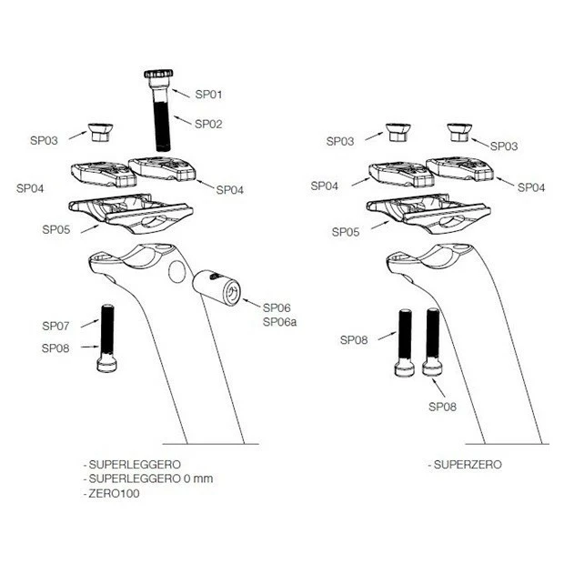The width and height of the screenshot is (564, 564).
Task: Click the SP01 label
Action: [x=208, y=95]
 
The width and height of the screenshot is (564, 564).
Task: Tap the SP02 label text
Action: [x=208, y=124]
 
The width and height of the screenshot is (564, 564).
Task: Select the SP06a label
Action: [x=279, y=322]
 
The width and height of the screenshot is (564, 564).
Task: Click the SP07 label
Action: [x=55, y=326]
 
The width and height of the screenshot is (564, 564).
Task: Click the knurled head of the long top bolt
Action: [x=158, y=74]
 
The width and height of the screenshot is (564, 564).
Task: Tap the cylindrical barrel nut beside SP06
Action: [x=217, y=287]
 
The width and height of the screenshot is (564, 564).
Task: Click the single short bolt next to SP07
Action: [x=107, y=338]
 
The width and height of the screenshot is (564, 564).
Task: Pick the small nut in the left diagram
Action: [x=101, y=132]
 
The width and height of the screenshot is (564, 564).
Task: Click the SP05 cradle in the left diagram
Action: [x=131, y=214]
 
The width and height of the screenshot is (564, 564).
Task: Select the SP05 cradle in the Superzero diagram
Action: [x=428, y=214]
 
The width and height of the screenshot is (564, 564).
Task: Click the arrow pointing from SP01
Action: [x=180, y=93]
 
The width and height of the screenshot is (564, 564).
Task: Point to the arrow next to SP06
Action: [x=251, y=303]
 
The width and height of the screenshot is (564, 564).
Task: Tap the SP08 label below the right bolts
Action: [x=442, y=407]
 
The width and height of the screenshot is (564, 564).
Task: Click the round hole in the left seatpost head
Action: [x=176, y=272]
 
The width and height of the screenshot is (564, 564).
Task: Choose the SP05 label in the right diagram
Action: [x=346, y=232]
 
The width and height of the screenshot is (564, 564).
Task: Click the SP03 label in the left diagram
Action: [x=44, y=140]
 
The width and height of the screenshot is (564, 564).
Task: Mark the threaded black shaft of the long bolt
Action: [x=163, y=126]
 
